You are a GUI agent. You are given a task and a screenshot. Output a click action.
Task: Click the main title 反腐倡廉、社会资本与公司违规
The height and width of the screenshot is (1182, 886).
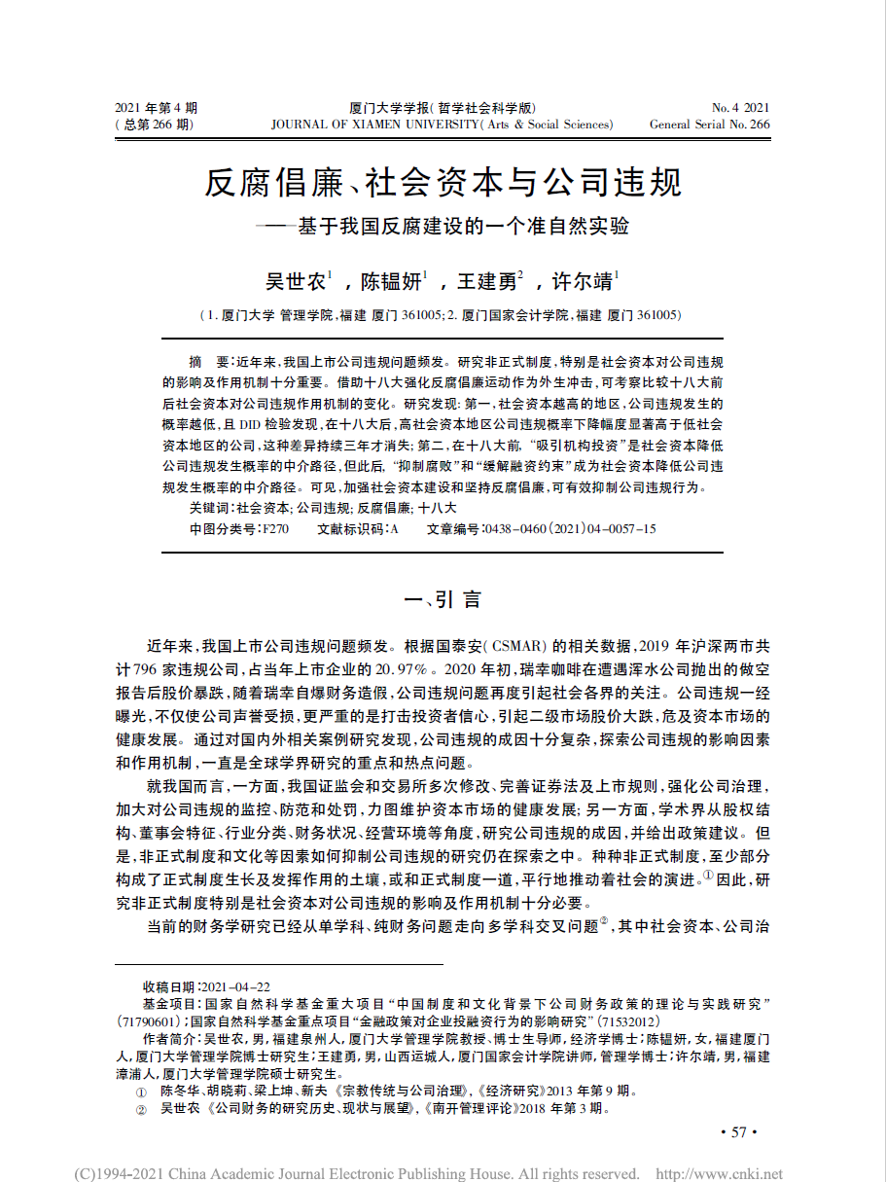pos(443,182)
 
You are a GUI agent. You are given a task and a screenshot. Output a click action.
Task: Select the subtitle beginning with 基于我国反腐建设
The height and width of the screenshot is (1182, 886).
pos(462,228)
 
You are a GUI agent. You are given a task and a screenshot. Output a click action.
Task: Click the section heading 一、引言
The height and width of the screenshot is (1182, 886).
pos(443,599)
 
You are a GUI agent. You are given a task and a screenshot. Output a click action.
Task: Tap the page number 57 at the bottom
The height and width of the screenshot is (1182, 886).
pos(737,1131)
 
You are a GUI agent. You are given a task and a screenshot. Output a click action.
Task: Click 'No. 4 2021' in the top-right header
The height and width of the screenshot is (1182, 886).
pos(740,107)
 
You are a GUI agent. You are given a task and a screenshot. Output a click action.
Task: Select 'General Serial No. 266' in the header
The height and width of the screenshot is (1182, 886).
pos(709,125)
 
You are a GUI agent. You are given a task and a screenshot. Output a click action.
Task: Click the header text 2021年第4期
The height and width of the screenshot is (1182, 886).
pos(156,107)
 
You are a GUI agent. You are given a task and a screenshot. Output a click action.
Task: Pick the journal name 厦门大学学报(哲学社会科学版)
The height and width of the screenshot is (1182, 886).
pos(443,107)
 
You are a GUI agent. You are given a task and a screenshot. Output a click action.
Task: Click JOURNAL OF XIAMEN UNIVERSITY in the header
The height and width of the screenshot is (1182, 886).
pos(374,125)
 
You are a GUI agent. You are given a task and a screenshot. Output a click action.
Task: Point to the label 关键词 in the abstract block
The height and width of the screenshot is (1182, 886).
pos(209,508)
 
